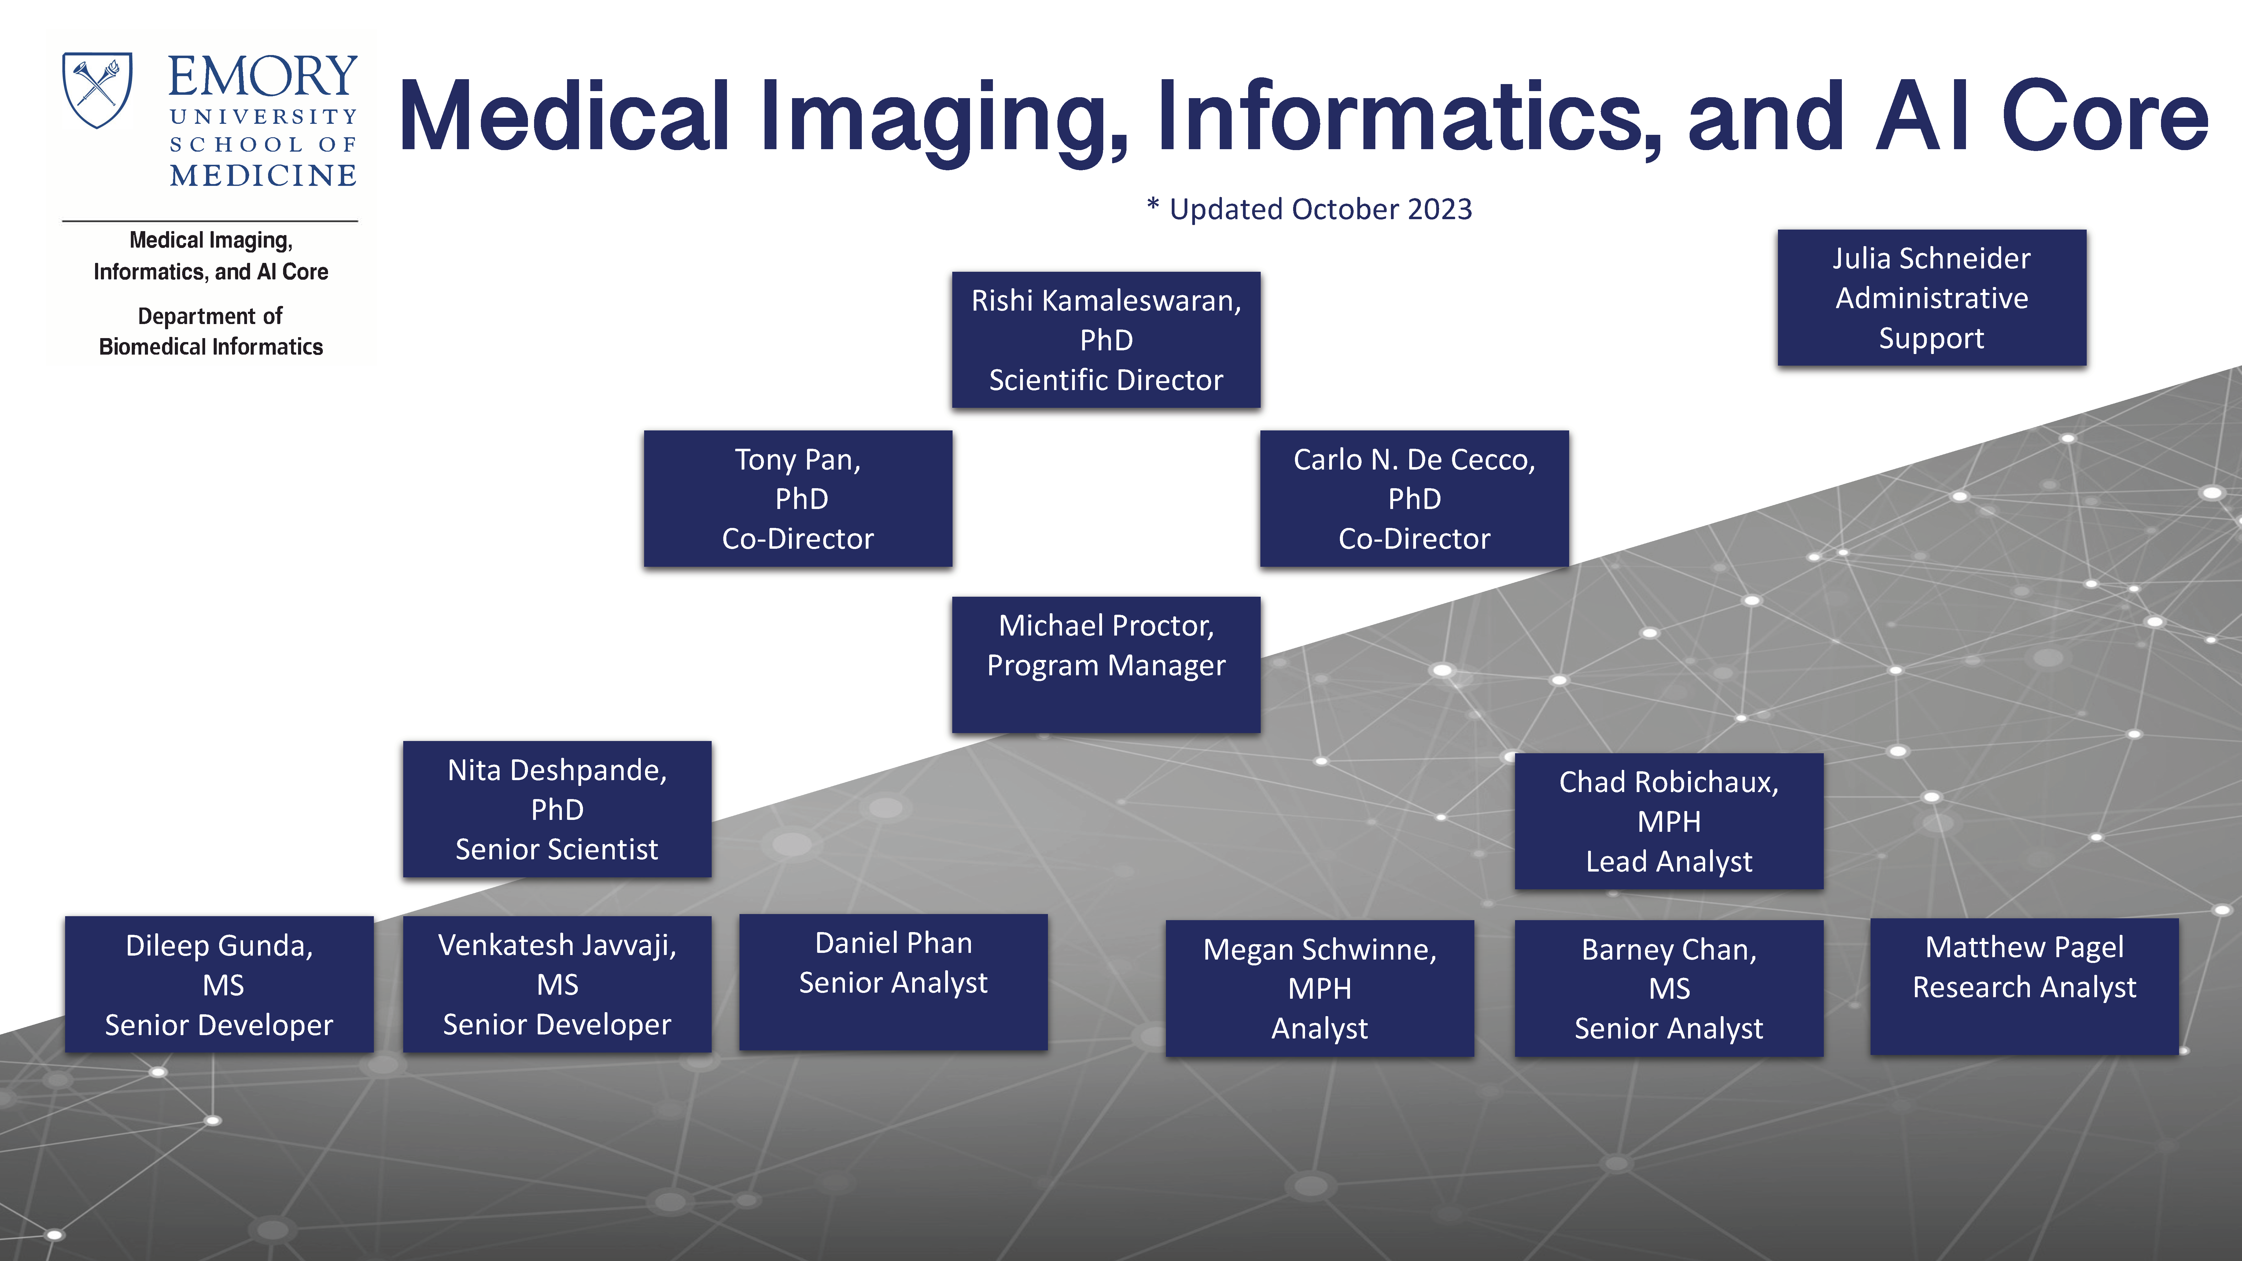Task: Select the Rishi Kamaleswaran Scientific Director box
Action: tap(1106, 339)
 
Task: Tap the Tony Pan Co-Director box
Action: tap(798, 499)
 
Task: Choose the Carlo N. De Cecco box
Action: tap(1414, 499)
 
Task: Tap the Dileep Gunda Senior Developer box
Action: tap(219, 984)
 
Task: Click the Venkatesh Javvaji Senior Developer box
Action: tap(557, 984)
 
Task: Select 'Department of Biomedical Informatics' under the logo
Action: tap(211, 331)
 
